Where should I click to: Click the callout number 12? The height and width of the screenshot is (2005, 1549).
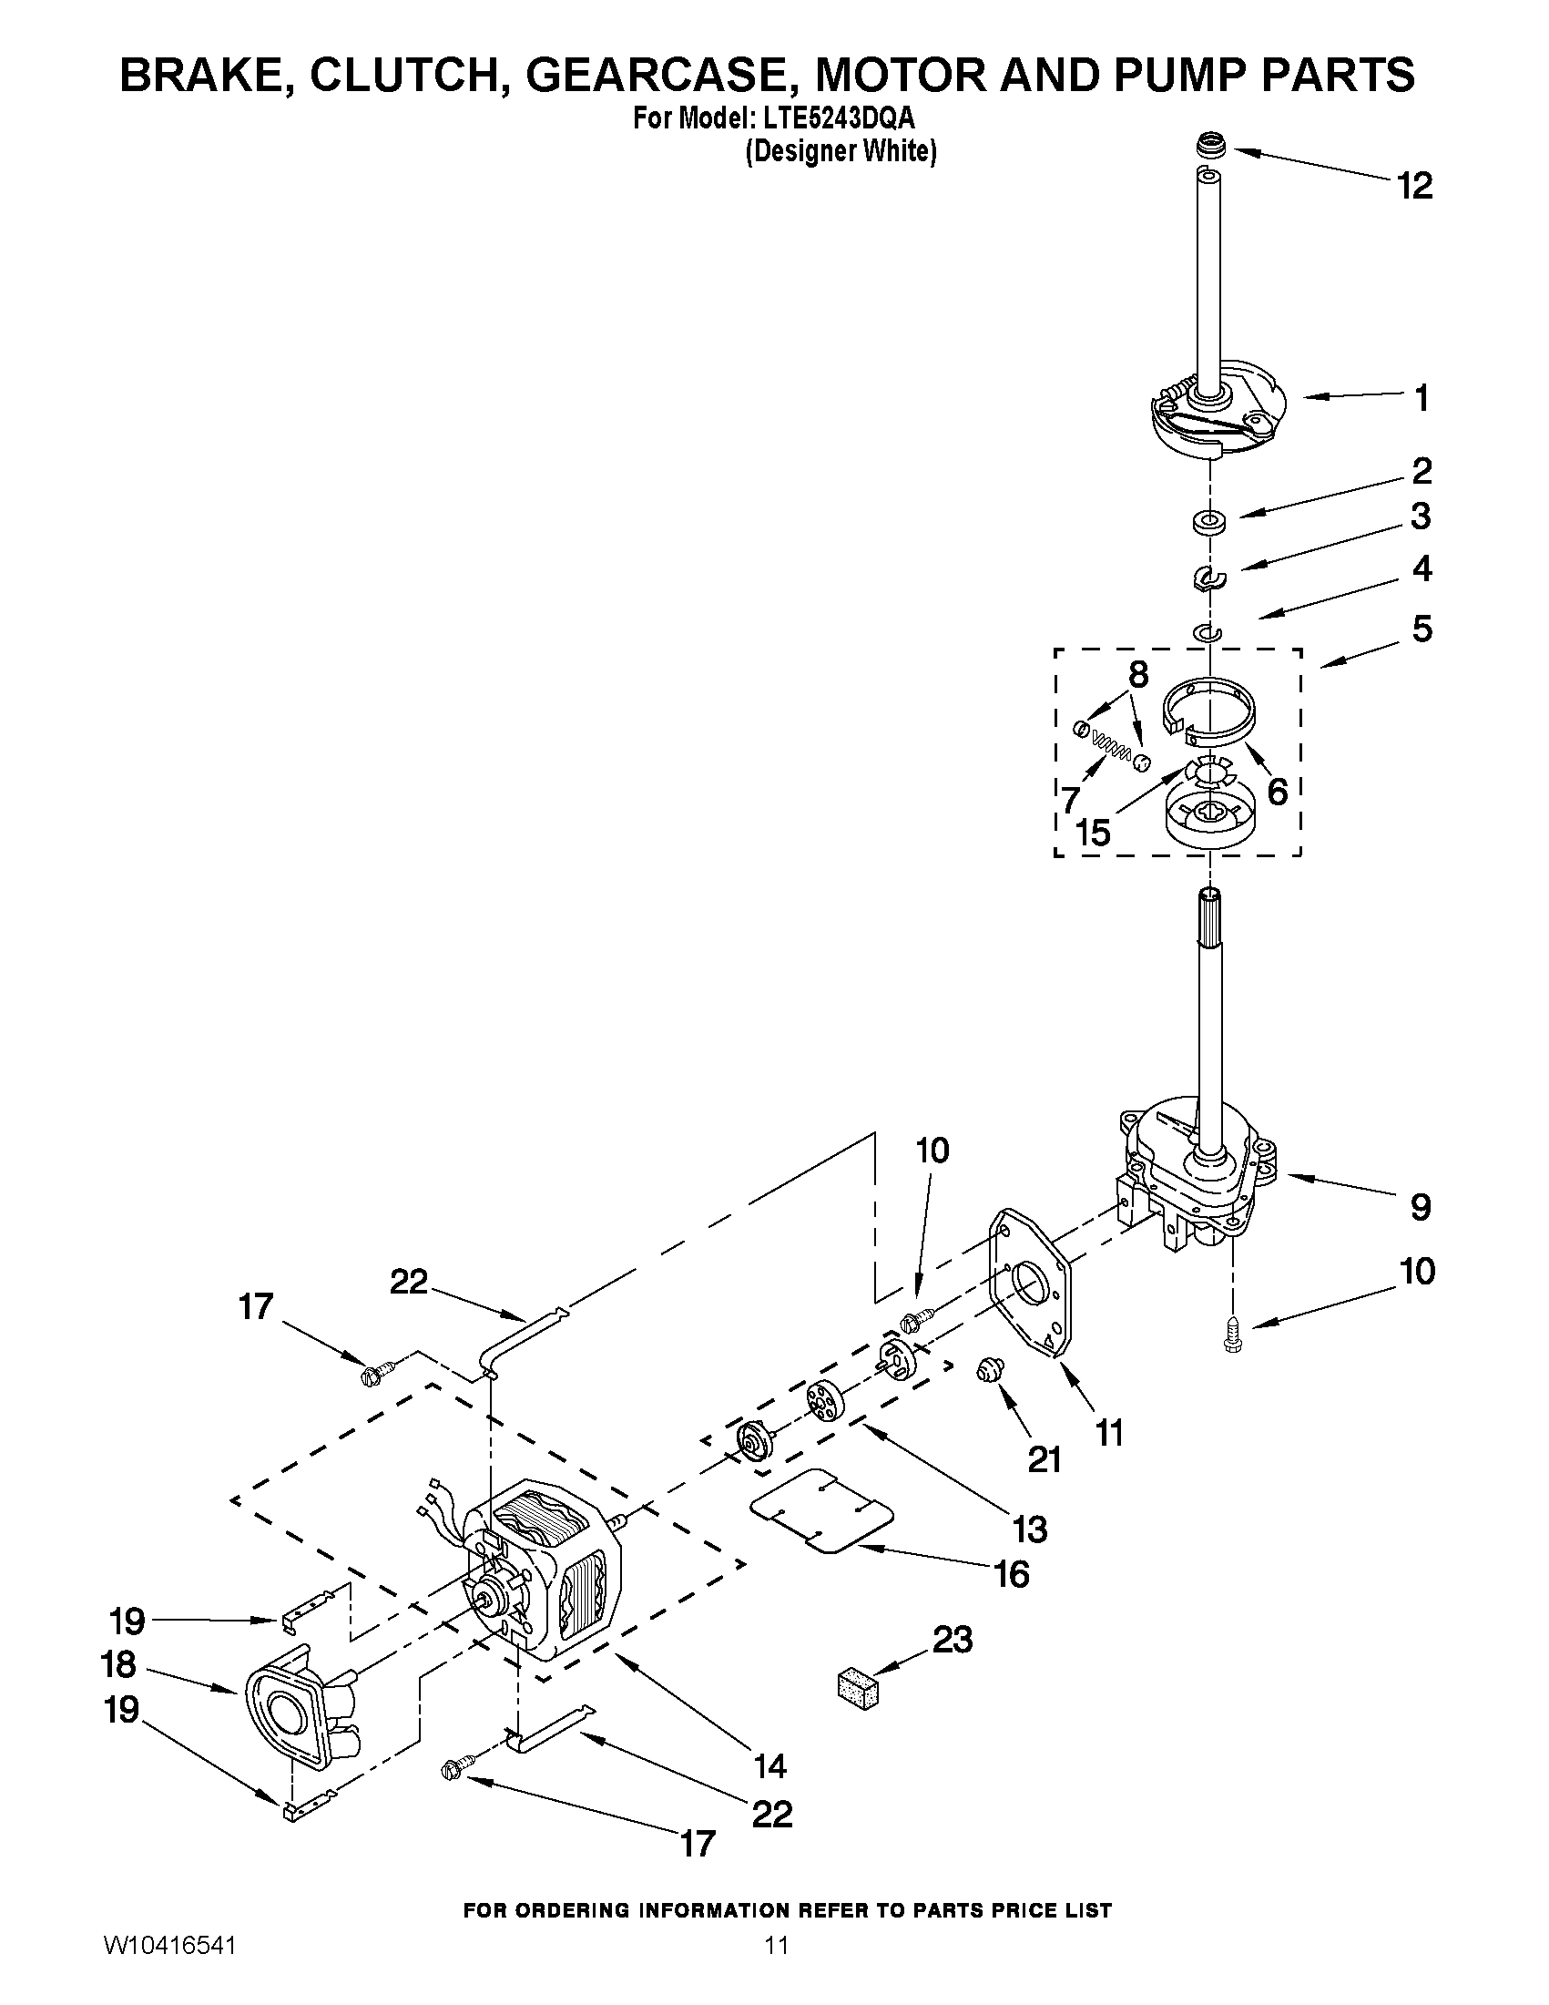click(1414, 187)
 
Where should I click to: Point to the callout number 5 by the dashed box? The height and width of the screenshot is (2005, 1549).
click(1422, 629)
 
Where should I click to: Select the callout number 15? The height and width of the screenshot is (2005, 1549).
click(1093, 833)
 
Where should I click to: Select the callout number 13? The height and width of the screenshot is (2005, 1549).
click(1031, 1529)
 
